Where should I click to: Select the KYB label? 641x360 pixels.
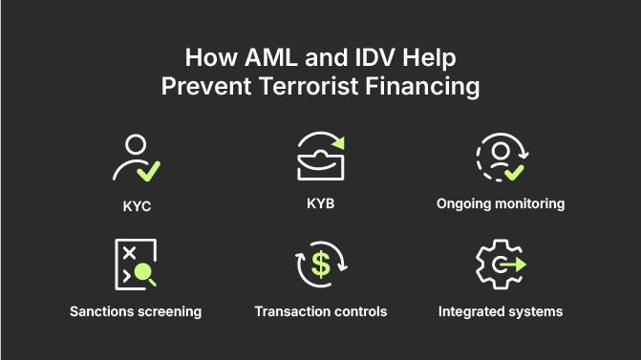click(321, 203)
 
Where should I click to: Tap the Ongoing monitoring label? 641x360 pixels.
click(501, 203)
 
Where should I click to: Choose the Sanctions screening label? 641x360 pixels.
click(135, 311)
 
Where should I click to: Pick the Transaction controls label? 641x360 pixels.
click(321, 311)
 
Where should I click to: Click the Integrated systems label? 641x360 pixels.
click(501, 311)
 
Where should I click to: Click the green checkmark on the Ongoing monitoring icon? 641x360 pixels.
click(514, 173)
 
